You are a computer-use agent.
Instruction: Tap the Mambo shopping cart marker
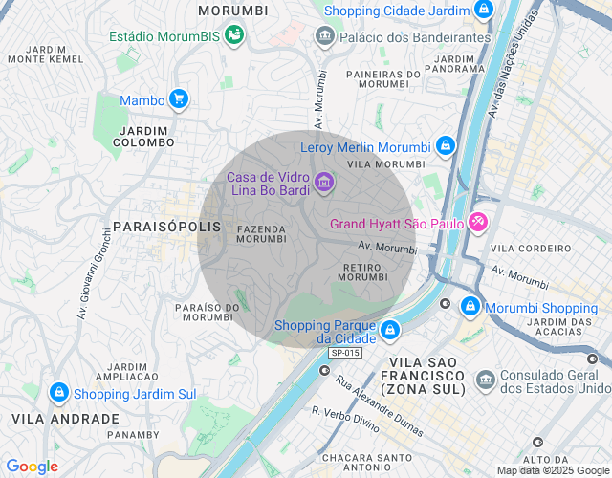178,99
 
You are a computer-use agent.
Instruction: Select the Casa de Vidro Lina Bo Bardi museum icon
324,182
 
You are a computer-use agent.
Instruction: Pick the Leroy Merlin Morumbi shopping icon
444,147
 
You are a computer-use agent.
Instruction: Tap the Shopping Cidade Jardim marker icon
484,11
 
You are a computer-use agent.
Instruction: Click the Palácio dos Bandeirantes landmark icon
324,37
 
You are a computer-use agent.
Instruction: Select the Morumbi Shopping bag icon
470,308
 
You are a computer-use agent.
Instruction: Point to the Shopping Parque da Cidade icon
389,331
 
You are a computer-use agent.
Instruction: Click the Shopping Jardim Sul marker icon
59,394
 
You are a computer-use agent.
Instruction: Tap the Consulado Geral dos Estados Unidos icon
485,381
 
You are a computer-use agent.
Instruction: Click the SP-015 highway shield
345,353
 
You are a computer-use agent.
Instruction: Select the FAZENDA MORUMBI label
261,234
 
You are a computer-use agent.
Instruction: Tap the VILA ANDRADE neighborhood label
65,419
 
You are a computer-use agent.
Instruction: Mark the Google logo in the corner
32,467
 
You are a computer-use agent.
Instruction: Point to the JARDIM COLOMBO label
145,136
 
